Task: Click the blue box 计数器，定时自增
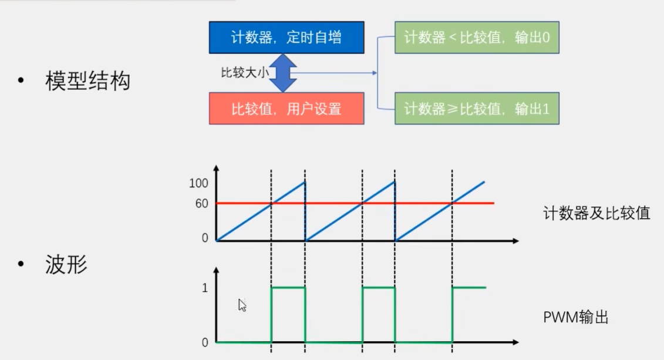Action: coord(287,38)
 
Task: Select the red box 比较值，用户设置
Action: coord(287,109)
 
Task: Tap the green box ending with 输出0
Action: coord(477,38)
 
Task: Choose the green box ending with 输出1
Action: coord(477,109)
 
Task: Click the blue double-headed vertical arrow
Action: coord(282,73)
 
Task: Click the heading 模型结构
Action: coord(87,82)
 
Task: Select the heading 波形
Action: coord(66,265)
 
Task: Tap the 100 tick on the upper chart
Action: coord(200,183)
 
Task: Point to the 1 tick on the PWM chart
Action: coord(205,288)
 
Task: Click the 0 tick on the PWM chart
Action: coord(205,342)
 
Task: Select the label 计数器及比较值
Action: coord(596,213)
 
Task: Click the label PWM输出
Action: coord(575,318)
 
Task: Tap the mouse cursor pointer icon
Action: coord(242,305)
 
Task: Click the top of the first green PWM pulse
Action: coord(288,288)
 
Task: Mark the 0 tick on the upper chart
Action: coord(205,238)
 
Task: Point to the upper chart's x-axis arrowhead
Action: coord(515,241)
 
